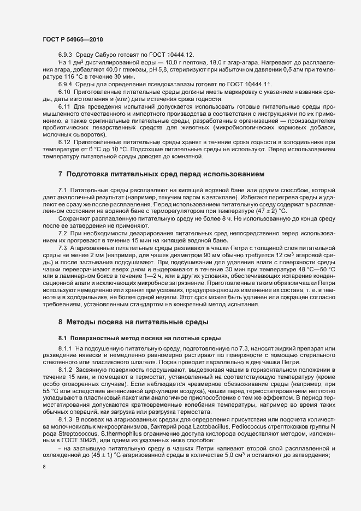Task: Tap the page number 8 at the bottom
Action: [45, 467]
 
